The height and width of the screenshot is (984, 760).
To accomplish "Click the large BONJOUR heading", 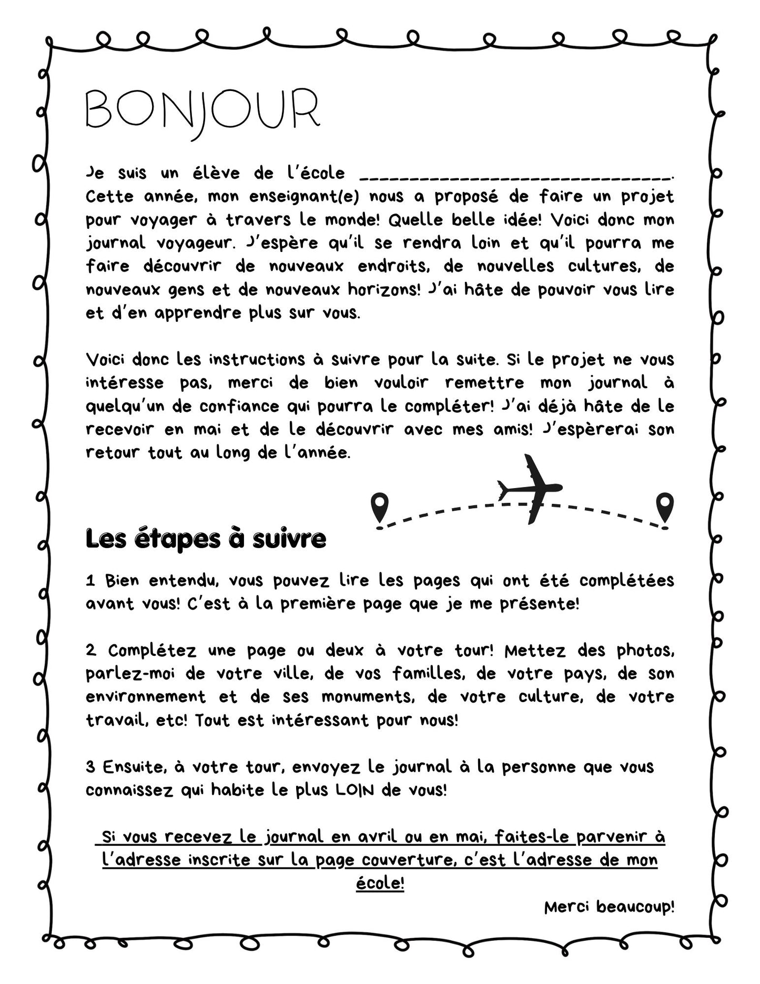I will click(x=202, y=110).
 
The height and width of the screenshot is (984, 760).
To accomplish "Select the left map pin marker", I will click(x=379, y=508).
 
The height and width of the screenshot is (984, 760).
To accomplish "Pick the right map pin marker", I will click(x=665, y=508).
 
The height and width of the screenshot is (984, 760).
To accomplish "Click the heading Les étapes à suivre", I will click(x=206, y=539).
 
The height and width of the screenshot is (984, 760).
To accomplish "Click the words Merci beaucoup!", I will click(x=609, y=907).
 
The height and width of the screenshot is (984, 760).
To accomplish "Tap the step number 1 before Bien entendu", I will click(x=91, y=581).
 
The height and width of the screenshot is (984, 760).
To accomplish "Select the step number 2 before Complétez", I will click(x=91, y=651).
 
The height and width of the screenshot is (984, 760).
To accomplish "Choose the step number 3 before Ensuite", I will click(x=91, y=767).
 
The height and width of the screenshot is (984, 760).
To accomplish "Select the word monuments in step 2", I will click(x=367, y=697).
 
